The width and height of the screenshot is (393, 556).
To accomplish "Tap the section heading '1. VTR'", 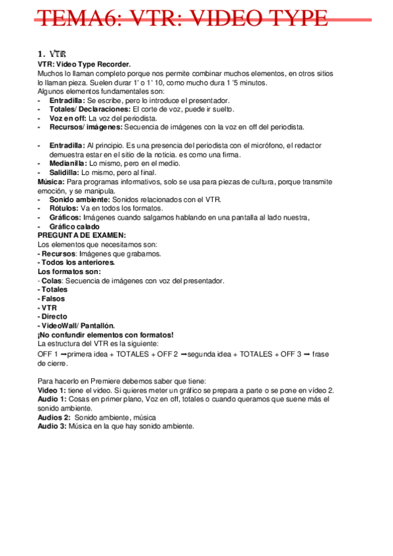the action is click(x=52, y=54).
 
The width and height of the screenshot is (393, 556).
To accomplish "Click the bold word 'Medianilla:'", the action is click(x=68, y=163).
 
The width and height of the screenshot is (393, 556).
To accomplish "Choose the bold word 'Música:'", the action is click(x=51, y=181).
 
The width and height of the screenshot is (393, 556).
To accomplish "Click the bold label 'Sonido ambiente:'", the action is click(x=80, y=199).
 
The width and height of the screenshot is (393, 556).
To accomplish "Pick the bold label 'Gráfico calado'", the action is click(x=75, y=226).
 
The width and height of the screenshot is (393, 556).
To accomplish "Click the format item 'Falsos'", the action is click(x=52, y=298).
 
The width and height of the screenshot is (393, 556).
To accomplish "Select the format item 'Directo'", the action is click(x=54, y=316).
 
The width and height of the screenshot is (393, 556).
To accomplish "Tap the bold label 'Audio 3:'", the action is click(x=52, y=426).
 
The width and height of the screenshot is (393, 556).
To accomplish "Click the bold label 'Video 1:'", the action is click(x=52, y=389).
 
